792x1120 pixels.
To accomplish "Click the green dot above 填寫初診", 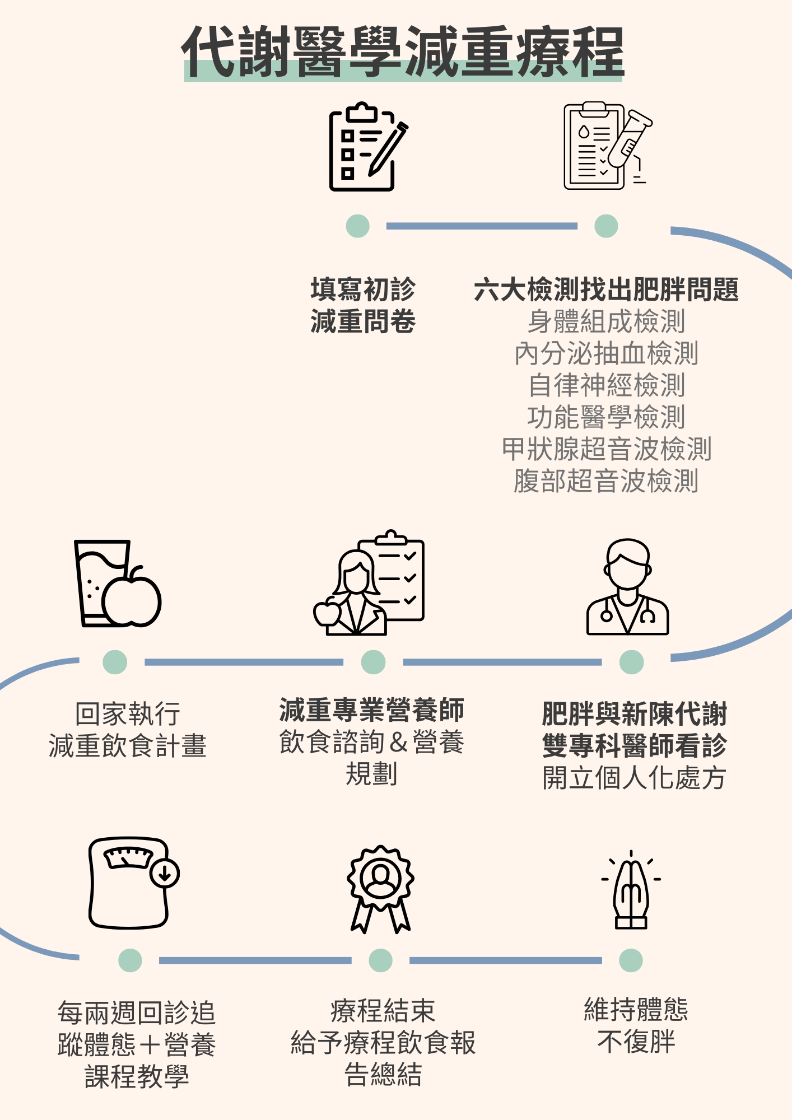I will [358, 226].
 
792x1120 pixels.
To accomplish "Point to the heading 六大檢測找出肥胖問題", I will [606, 290].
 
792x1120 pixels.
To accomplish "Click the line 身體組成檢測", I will [606, 321].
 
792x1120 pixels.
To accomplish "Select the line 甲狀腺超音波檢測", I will [606, 449].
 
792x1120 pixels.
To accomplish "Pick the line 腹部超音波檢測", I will [606, 481].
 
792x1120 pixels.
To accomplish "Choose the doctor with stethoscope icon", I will [627, 588].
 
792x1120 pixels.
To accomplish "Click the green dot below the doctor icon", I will [631, 662].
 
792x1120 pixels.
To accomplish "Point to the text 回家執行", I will [128, 714].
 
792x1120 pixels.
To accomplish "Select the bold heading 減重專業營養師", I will [372, 710].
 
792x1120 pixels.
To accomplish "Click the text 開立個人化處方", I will [634, 778].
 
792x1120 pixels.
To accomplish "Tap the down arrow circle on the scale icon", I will [165, 873].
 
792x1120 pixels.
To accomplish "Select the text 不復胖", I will [636, 1042].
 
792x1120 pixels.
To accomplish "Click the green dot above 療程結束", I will [381, 960].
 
